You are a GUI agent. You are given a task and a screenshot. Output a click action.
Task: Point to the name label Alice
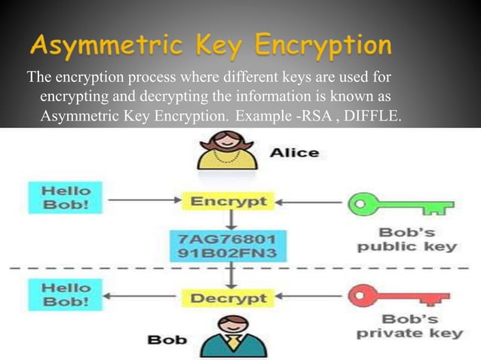[295, 152]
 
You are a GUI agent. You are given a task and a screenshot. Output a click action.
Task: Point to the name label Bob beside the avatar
[167, 339]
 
